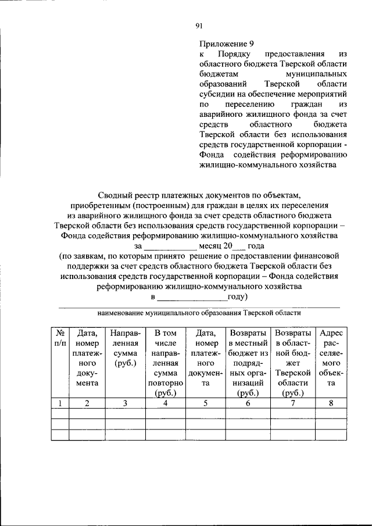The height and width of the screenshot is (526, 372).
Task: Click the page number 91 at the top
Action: [198, 25]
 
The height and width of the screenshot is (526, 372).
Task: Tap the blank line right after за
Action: [170, 246]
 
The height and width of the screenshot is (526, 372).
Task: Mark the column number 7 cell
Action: [292, 403]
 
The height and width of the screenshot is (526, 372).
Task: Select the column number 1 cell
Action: [60, 403]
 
